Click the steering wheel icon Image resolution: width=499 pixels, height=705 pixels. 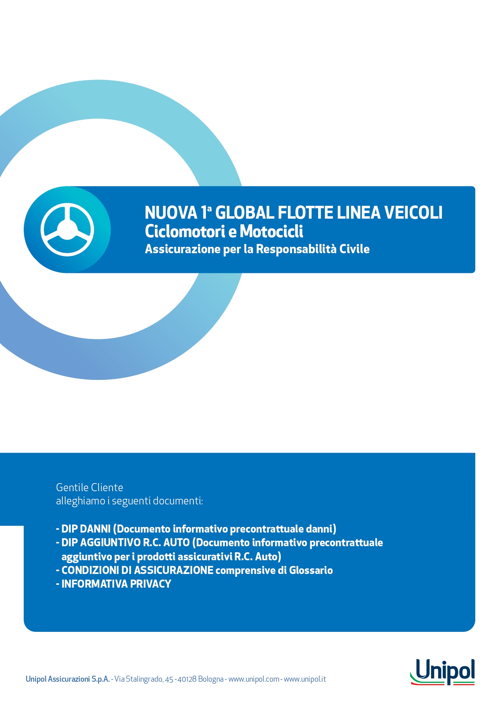[x=67, y=230]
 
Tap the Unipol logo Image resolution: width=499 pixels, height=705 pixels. [x=442, y=672]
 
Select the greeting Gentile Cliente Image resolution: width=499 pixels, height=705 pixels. [x=89, y=488]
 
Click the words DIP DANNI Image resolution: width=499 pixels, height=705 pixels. [x=86, y=529]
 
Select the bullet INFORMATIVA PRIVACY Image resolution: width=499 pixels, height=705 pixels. [x=116, y=584]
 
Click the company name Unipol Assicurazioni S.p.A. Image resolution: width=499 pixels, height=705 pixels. [x=68, y=679]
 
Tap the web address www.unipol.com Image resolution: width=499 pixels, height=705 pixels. [x=254, y=679]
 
